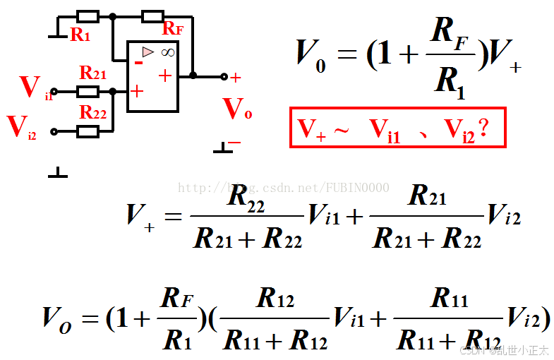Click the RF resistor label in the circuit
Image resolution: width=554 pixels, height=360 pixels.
coord(173,29)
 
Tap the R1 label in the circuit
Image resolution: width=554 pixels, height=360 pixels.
coord(80,35)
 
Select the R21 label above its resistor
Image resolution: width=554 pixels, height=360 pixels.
coord(93,73)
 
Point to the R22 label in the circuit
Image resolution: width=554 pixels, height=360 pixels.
coord(93,112)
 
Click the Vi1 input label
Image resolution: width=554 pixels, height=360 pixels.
coord(34,88)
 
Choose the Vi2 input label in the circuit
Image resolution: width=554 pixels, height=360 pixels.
coord(22,128)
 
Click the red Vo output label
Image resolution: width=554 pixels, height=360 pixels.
coord(237,110)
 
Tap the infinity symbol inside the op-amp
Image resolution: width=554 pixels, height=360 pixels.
coord(167,52)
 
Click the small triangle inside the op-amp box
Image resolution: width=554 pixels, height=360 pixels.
coord(147,52)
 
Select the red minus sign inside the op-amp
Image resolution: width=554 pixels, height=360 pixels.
coord(138,62)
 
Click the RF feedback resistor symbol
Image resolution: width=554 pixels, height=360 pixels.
coord(153,15)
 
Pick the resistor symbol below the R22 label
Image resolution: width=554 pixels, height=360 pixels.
coord(88,131)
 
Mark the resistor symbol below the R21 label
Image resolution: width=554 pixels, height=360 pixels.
coord(88,91)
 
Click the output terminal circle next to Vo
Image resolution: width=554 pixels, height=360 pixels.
coord(224,76)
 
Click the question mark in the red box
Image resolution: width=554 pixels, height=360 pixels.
coord(483,128)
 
